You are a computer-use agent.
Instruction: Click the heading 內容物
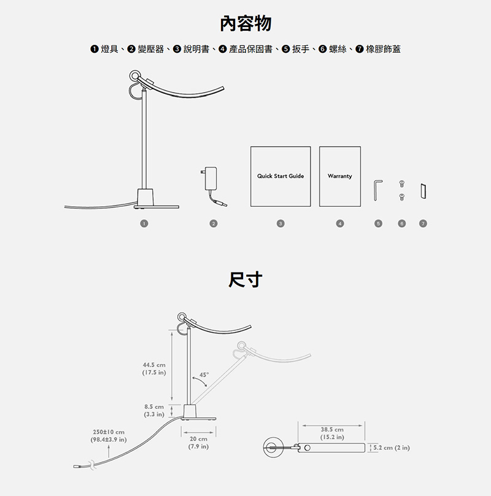click(x=245, y=24)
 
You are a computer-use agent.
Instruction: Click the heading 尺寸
click(x=245, y=280)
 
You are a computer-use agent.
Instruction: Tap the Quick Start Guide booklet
click(x=280, y=176)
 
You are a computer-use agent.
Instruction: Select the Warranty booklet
click(x=340, y=176)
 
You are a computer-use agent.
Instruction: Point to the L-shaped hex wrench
click(x=376, y=190)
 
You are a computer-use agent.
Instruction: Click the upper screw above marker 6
click(x=402, y=184)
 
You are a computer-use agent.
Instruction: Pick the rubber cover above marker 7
click(x=423, y=191)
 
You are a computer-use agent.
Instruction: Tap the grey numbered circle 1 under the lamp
click(x=144, y=223)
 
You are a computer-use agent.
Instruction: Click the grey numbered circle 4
click(x=340, y=223)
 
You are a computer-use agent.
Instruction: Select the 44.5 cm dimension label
click(x=154, y=368)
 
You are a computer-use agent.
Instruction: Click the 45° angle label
click(x=204, y=375)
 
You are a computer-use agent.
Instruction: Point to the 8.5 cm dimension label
click(x=154, y=410)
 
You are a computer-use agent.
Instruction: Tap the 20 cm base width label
click(x=198, y=443)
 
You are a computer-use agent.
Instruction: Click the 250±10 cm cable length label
click(x=109, y=436)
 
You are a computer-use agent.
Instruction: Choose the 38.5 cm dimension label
click(x=332, y=433)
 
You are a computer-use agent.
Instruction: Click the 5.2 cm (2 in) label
click(x=392, y=448)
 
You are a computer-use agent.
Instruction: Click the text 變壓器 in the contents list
click(x=150, y=49)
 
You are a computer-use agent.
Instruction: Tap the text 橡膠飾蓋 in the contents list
click(x=383, y=49)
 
